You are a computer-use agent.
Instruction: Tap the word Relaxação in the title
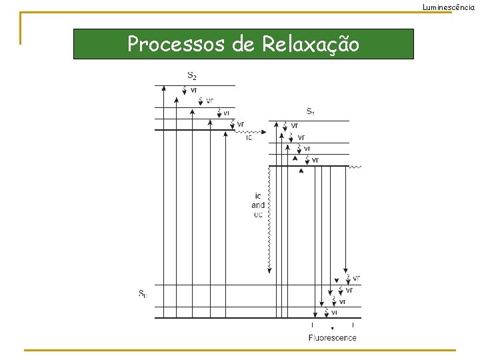tap(311, 45)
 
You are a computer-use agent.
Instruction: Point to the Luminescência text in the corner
tap(449, 6)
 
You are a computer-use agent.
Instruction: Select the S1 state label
tap(310, 111)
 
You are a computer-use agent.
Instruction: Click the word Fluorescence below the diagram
tap(332, 337)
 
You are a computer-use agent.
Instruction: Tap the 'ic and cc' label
tap(258, 205)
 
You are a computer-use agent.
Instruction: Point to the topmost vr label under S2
tap(193, 90)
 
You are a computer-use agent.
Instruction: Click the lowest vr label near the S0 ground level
tap(334, 312)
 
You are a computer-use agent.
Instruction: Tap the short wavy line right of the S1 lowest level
tap(355, 167)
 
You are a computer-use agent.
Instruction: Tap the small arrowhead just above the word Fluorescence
tap(332, 329)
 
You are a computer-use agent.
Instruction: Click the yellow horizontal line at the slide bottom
tap(240, 350)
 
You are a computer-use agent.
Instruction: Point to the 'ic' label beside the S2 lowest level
tap(249, 138)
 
